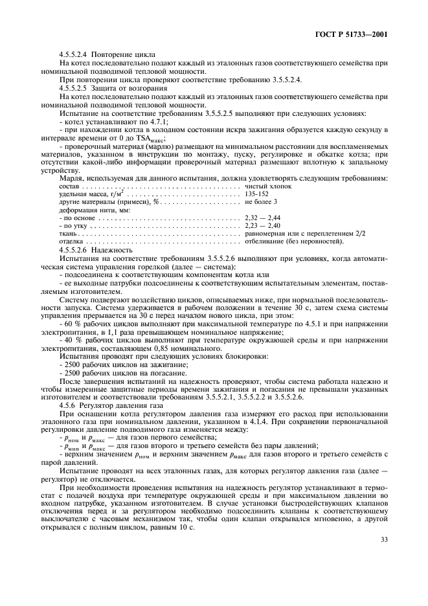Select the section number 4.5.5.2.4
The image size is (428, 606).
click(x=76, y=54)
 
